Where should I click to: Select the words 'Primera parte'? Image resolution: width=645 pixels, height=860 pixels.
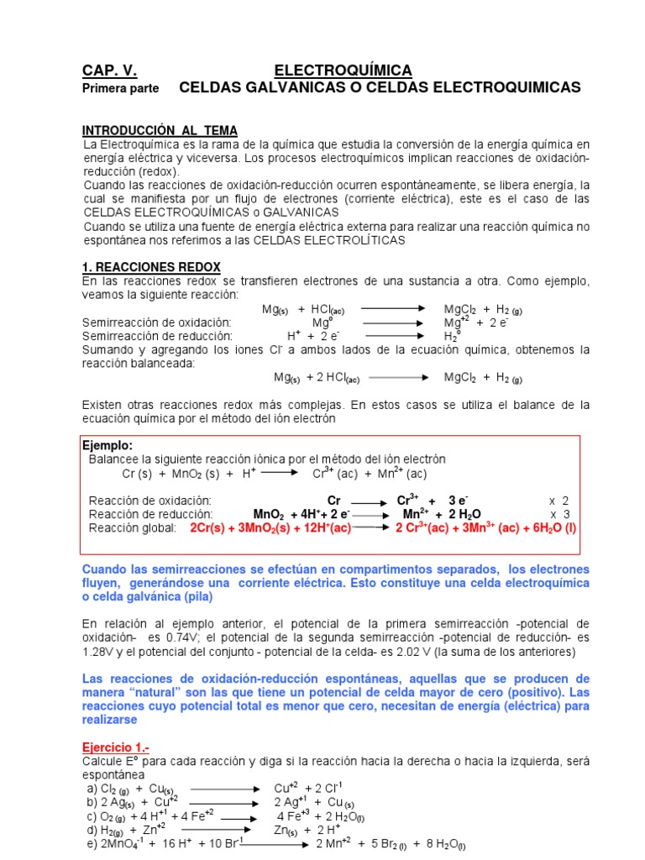[120, 88]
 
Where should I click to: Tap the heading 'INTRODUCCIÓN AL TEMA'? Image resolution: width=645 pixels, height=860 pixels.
[160, 131]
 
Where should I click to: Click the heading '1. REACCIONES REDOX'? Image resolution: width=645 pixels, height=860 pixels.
[151, 266]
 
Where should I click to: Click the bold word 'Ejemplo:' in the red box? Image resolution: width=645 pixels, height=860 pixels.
[107, 445]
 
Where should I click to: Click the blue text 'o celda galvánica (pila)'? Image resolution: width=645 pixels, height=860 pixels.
[148, 596]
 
